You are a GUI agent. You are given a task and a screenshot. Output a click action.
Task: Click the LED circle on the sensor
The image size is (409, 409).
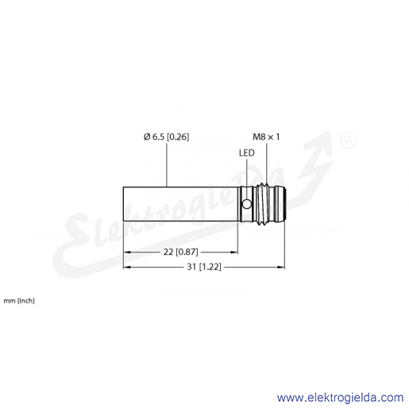pos(247,204)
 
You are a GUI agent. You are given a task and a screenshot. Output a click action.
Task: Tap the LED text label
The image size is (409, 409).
pos(247,153)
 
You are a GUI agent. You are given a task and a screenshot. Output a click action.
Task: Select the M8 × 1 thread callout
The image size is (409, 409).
pos(266,137)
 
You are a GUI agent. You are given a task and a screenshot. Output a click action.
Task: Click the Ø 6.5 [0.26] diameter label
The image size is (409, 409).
pos(166,137)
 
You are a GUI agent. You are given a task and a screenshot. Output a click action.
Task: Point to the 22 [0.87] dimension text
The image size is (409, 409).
pos(180,252)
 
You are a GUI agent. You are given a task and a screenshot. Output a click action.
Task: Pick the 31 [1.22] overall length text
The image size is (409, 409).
pos(204,267)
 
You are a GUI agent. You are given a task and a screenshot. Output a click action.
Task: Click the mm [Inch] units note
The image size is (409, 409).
pos(19,301)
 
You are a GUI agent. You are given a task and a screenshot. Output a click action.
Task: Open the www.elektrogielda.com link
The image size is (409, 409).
pos(340,398)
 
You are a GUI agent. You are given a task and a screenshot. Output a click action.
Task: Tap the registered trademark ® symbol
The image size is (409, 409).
pos(348,141)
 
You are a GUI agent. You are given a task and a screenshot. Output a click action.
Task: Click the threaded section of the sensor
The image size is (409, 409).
pos(264,204)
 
